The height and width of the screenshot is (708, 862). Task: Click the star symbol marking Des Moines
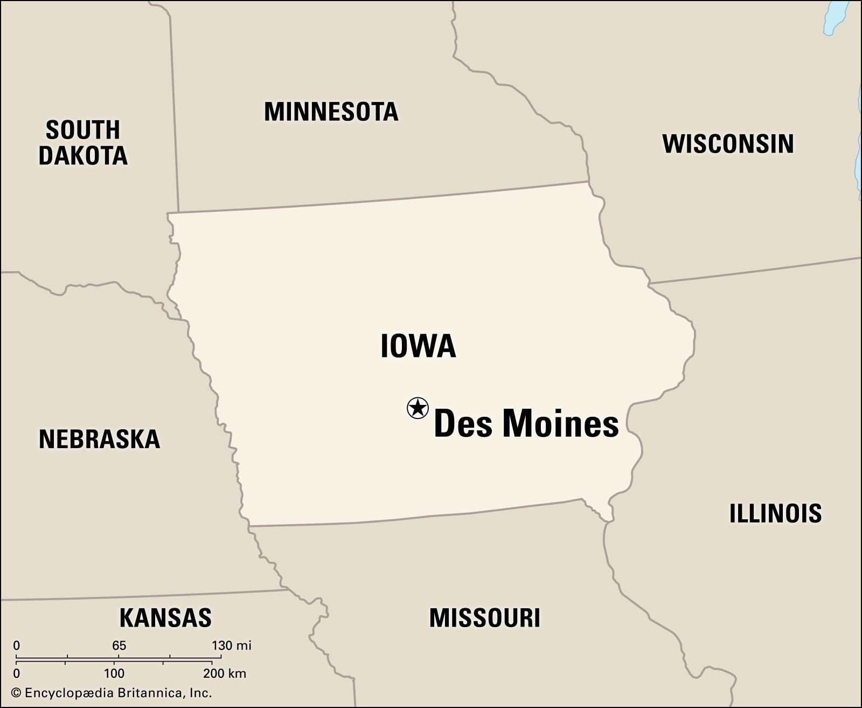coord(418,408)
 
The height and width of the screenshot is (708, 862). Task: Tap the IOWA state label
coord(418,346)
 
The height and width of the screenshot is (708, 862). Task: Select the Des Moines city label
coord(526,423)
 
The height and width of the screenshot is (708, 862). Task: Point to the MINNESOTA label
coord(331,112)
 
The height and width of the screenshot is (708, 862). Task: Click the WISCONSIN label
coord(728,144)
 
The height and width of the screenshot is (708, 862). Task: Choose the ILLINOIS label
coord(775,513)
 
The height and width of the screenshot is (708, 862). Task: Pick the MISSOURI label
coord(484,618)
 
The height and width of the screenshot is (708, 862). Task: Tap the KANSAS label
coord(165,617)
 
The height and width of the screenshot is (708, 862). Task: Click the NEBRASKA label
coord(100,439)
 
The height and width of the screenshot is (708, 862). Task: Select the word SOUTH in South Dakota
coord(83,130)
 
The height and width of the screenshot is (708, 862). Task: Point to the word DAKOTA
coord(83,156)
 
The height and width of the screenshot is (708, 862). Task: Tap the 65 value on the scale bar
coord(119,645)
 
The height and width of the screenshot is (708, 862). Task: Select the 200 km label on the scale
coord(225,673)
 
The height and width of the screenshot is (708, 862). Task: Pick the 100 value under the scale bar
coord(114,673)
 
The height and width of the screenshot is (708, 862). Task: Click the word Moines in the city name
coord(560,423)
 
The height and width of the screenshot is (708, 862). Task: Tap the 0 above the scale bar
coord(17,645)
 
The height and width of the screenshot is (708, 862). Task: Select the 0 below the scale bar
coord(17,673)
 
